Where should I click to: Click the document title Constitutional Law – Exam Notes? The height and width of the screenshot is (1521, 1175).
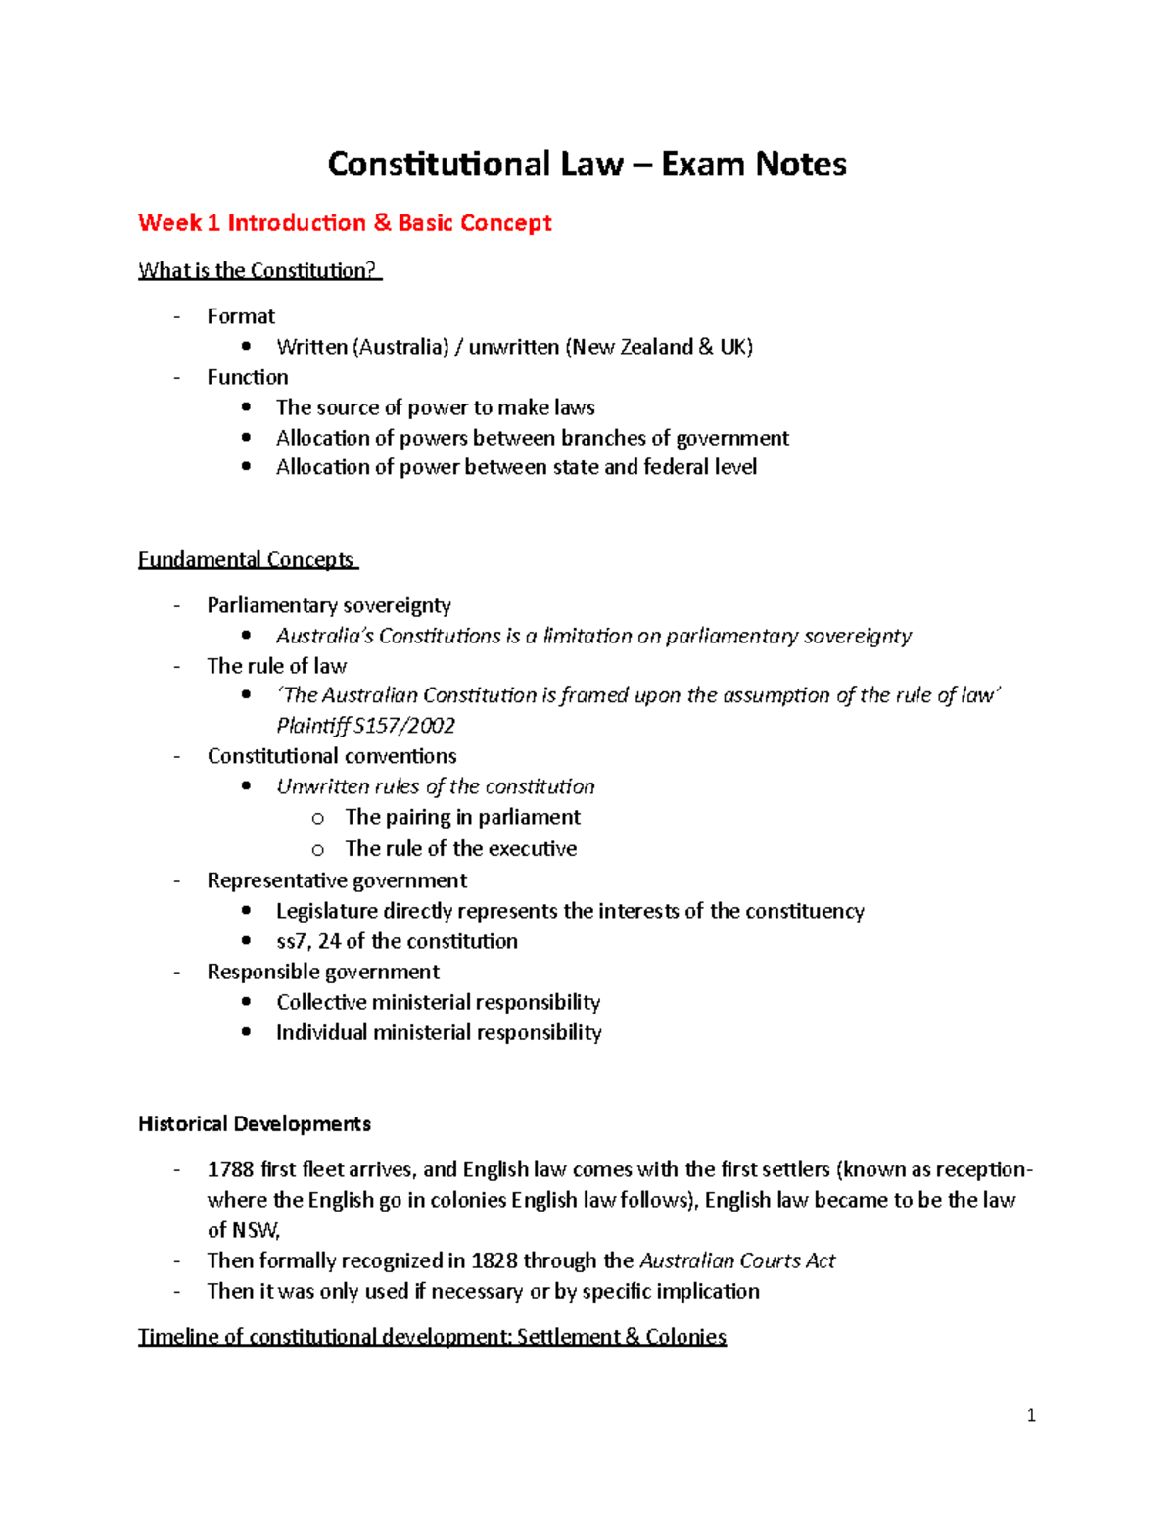click(587, 164)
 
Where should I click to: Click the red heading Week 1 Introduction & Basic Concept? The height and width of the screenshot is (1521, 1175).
click(345, 223)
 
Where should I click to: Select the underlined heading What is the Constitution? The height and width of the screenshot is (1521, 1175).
click(258, 270)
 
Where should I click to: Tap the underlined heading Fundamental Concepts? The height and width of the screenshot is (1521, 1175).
click(247, 559)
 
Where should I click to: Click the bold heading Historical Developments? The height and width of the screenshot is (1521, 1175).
click(255, 1123)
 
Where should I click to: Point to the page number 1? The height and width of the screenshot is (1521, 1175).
click(1031, 1414)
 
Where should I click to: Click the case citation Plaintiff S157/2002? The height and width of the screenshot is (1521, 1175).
click(365, 726)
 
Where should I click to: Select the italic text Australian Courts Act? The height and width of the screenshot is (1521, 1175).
click(736, 1260)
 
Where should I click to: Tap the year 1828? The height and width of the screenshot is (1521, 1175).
click(494, 1260)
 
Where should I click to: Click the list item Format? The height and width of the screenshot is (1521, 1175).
click(241, 316)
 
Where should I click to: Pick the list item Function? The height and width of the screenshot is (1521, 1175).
click(247, 377)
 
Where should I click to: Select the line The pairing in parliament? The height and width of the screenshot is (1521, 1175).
click(462, 817)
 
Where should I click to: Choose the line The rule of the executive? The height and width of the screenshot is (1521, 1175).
click(460, 848)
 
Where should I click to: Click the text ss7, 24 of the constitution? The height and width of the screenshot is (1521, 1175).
click(397, 941)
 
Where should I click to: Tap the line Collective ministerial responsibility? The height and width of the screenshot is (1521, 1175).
click(438, 1002)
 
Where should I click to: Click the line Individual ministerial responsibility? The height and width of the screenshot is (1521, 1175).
click(439, 1032)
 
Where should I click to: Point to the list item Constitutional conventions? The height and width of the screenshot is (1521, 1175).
click(331, 756)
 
